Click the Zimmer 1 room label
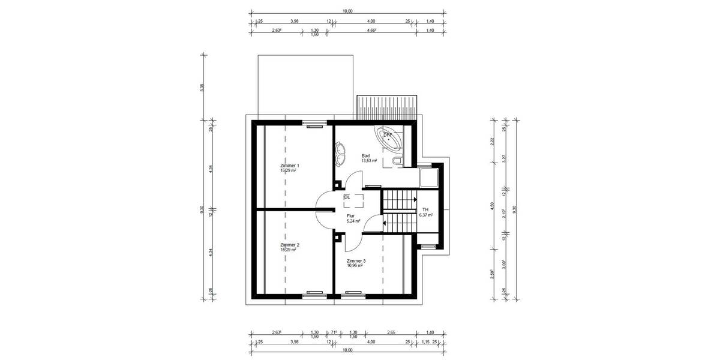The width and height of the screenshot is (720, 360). point(289,165)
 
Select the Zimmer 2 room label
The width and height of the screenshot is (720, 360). point(289,245)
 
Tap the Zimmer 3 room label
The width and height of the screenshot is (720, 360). point(356,261)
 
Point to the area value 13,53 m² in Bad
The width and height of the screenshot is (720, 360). point(368,161)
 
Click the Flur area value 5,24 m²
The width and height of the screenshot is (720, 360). point(353,221)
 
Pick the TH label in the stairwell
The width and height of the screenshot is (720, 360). point(425,209)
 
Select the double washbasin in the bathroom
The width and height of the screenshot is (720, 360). point(341,152)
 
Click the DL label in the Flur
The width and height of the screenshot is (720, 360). point(347,197)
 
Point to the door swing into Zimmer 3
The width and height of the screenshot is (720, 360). point(352,241)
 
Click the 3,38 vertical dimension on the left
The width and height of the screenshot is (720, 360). point(202,86)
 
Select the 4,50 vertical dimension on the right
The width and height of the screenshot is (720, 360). point(493,205)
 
